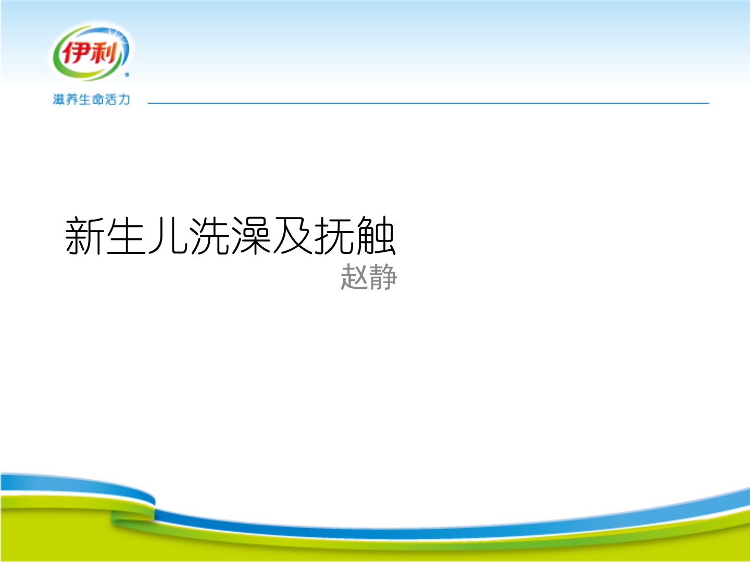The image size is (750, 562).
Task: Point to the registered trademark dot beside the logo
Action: click(127, 75)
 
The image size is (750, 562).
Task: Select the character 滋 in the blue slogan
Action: click(59, 99)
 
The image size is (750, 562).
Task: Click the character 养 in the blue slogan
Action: click(72, 99)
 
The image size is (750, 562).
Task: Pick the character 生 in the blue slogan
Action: click(85, 99)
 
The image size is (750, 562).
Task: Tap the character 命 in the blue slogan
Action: click(98, 99)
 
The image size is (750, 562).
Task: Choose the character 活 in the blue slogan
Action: click(111, 99)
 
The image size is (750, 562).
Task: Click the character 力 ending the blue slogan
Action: click(123, 99)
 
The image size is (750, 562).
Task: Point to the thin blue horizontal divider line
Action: click(429, 103)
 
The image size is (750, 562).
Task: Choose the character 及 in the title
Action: click(293, 236)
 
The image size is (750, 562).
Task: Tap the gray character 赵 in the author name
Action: click(355, 277)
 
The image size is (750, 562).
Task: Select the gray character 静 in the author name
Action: click(383, 277)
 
